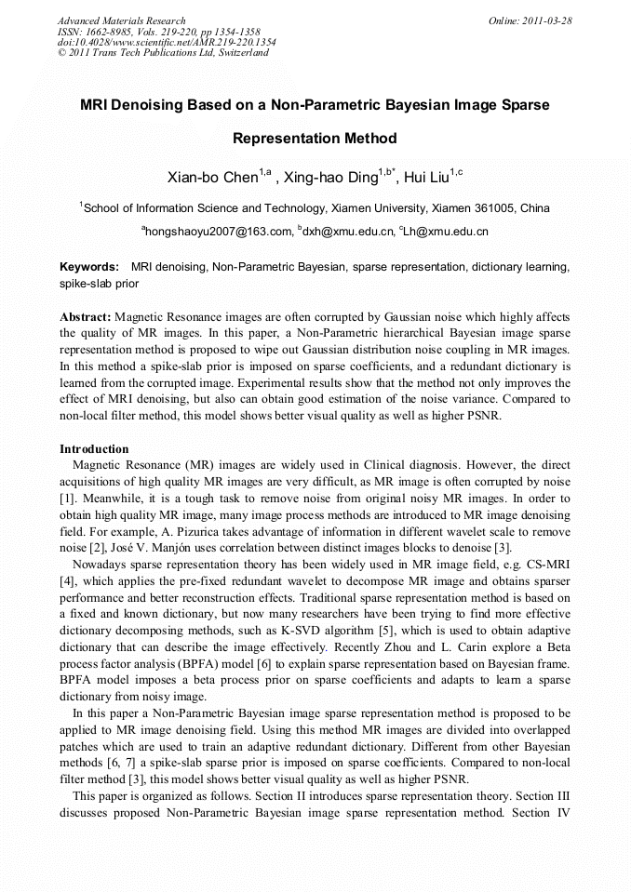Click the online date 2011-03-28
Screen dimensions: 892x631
(546, 20)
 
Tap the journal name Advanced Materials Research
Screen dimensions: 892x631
(122, 20)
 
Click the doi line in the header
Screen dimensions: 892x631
(167, 42)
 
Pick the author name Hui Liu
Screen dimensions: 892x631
(427, 177)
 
